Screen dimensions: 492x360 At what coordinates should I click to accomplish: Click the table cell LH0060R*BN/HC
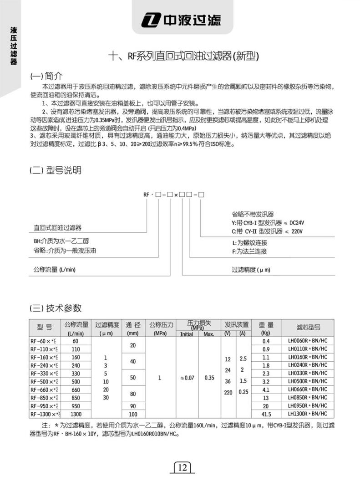point(307,340)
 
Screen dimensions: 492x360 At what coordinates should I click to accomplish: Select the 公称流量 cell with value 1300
point(76,414)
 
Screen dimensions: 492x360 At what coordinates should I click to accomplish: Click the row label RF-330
point(44,373)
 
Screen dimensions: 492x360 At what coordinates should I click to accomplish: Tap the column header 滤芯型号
point(308,327)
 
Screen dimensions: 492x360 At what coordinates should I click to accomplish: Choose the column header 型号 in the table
point(44,327)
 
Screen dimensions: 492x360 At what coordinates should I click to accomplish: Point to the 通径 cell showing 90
point(133,406)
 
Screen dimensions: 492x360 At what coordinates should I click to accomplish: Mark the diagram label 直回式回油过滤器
point(58,227)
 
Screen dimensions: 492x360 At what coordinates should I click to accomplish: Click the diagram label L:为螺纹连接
point(249,242)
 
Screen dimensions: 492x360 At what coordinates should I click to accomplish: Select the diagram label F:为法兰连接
point(249,251)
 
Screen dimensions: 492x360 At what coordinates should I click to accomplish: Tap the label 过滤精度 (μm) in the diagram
point(251,270)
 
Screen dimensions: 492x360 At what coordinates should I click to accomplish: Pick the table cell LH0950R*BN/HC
point(307,406)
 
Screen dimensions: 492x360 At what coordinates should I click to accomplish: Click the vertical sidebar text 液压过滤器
point(14,46)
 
